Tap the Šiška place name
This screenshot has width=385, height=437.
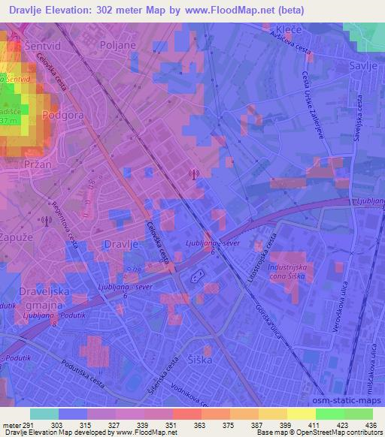click(x=201, y=360)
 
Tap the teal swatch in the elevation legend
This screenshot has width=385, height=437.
click(x=44, y=414)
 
